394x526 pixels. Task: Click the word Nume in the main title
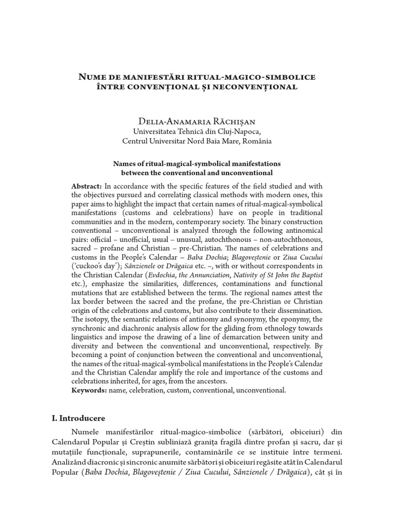[x=91, y=77]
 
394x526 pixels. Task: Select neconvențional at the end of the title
[x=262, y=87]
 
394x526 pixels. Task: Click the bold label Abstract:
[x=87, y=186]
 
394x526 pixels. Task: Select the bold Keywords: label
[x=89, y=390]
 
